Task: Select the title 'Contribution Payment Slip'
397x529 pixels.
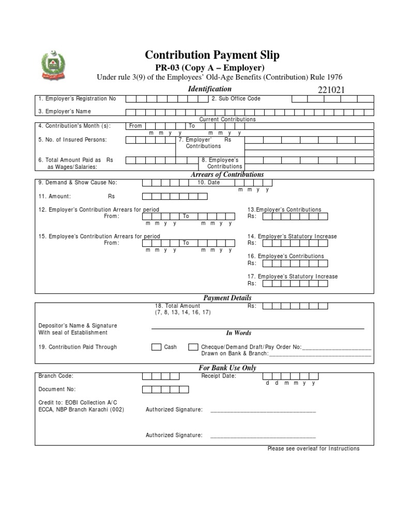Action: tap(212, 55)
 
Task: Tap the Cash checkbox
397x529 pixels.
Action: tap(156, 347)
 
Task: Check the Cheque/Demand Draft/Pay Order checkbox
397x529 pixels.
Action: tap(193, 347)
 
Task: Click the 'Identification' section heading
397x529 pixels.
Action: tap(209, 89)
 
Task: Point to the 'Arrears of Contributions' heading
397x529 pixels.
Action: tap(227, 175)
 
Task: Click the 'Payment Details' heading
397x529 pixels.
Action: tap(227, 298)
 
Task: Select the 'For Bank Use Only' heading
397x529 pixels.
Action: tap(227, 368)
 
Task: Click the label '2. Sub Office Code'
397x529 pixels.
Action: tap(236, 99)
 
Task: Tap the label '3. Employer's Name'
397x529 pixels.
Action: tap(64, 112)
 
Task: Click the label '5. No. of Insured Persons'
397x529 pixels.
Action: tap(72, 139)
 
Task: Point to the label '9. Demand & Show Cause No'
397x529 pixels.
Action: tap(78, 182)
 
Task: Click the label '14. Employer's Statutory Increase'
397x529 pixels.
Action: tap(292, 236)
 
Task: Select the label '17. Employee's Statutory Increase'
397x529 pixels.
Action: tap(293, 276)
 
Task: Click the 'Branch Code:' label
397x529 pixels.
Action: tap(56, 376)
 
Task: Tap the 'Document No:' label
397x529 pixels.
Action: tap(57, 389)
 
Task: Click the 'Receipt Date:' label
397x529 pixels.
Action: tap(219, 376)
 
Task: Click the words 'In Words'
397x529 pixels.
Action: tap(238, 333)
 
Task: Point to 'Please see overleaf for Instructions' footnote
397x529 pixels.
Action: tap(313, 448)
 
